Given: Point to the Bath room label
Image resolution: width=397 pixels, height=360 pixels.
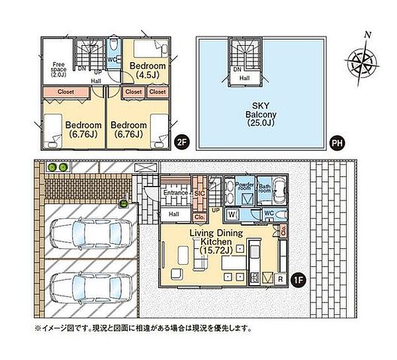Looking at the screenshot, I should (x=265, y=187).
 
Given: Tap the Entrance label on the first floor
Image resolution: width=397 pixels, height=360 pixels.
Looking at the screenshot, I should (x=175, y=192).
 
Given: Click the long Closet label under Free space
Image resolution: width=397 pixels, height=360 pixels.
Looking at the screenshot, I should (x=65, y=91).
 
